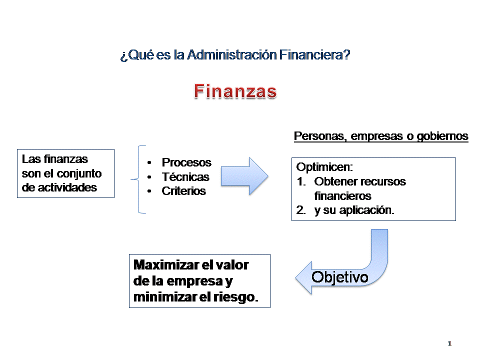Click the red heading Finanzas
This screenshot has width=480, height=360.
click(x=235, y=91)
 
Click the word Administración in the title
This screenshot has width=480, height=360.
click(x=231, y=55)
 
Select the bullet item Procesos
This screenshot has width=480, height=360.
click(x=186, y=162)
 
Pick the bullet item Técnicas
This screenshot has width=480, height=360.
click(x=185, y=177)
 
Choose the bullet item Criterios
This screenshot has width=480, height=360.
click(x=183, y=191)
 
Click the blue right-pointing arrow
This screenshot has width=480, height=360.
click(x=244, y=176)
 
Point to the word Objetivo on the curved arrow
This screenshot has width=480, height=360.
click(x=340, y=277)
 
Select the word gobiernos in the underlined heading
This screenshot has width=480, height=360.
click(x=443, y=136)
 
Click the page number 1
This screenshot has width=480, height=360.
click(x=449, y=343)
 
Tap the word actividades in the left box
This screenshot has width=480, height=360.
click(x=67, y=188)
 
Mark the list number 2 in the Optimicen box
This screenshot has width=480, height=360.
click(x=300, y=210)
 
